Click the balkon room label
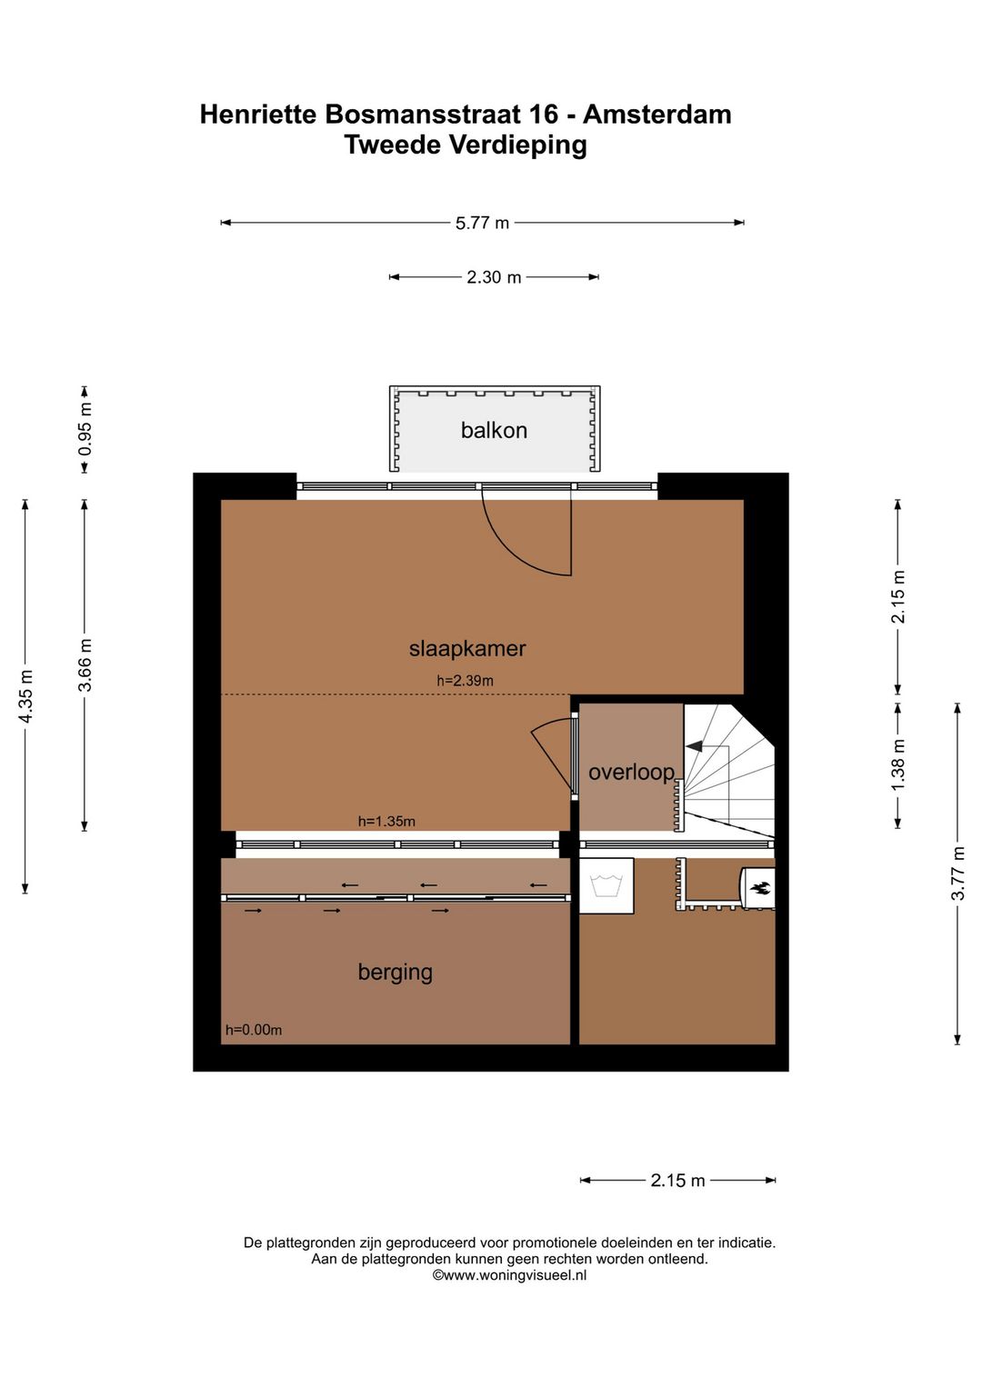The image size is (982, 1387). (494, 430)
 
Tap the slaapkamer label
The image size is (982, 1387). (467, 648)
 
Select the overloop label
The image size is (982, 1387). (631, 773)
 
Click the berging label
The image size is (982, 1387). (396, 973)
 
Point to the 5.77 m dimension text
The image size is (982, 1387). (482, 223)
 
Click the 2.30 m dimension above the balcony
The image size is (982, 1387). (494, 277)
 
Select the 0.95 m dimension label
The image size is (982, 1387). (85, 429)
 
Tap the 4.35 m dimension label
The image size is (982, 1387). (25, 696)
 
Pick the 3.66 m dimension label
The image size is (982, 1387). (85, 665)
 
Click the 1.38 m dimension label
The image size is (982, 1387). (897, 764)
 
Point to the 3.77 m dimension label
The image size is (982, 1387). (957, 873)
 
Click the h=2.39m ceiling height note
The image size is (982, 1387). (466, 681)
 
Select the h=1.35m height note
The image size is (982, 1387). (386, 822)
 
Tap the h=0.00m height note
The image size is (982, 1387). (254, 1030)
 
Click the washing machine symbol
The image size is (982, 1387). (606, 885)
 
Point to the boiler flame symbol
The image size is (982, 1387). (760, 889)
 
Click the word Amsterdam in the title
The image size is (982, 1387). (657, 115)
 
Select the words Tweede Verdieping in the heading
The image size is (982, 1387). (466, 145)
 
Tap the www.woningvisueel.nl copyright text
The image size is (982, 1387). (509, 1275)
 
